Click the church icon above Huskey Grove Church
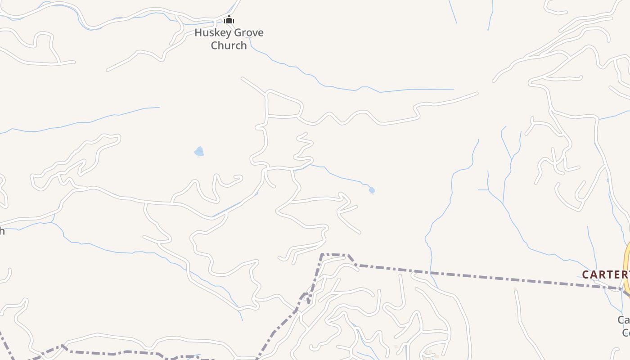(229, 20)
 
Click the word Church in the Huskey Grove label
(229, 45)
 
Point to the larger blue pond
(199, 152)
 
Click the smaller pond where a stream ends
(372, 190)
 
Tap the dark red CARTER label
(605, 274)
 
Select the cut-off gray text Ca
(624, 320)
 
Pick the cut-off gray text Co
(625, 333)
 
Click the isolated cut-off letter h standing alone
(2, 231)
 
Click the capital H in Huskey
(198, 33)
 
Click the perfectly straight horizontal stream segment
(416, 90)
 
